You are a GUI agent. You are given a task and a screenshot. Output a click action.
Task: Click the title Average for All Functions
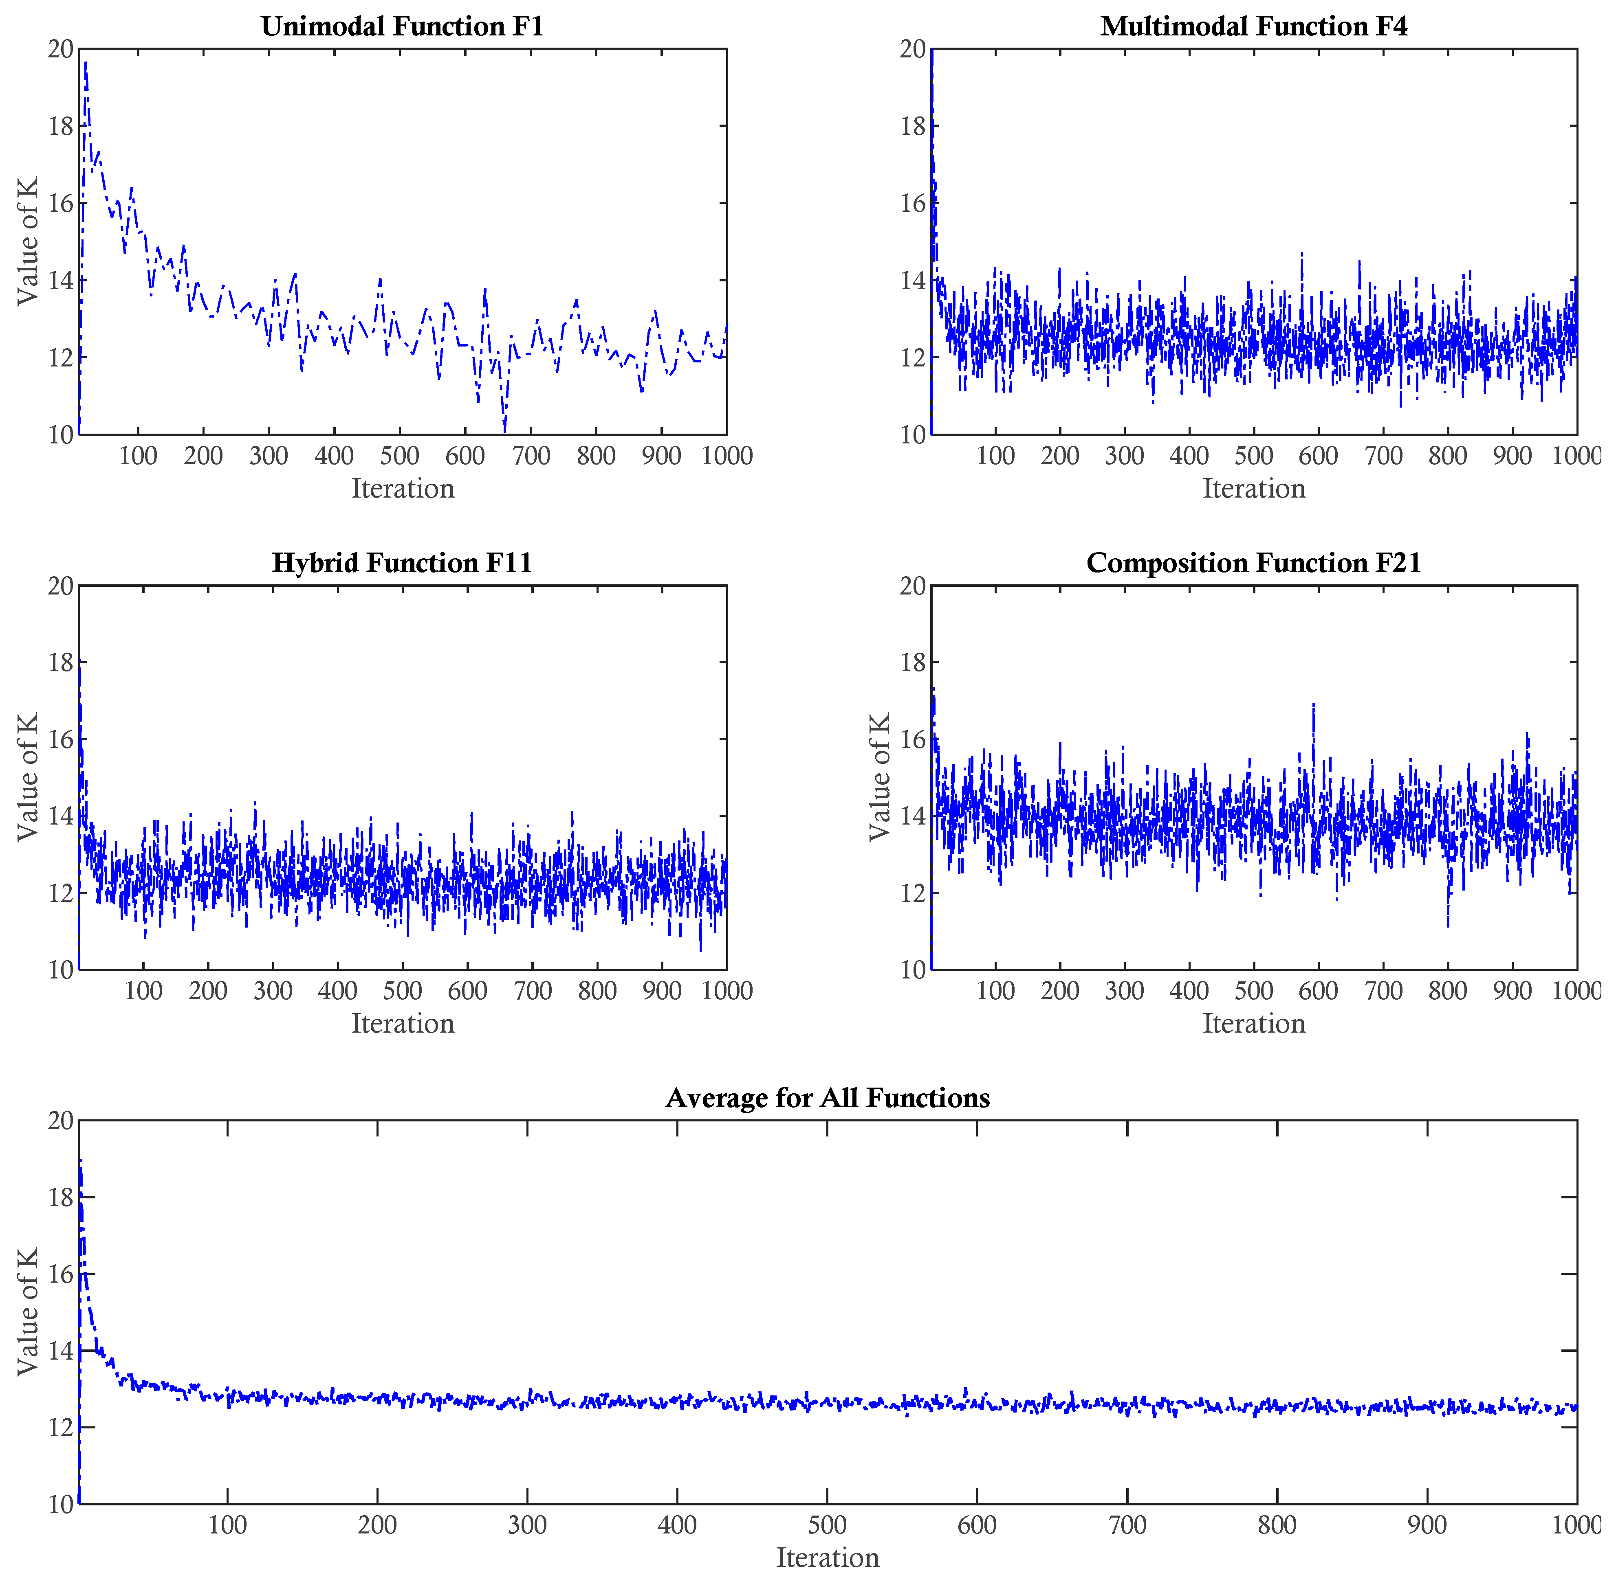[828, 1098]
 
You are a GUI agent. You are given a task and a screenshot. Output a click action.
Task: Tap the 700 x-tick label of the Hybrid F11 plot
[533, 991]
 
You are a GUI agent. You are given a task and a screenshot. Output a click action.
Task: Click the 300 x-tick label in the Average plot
[528, 1525]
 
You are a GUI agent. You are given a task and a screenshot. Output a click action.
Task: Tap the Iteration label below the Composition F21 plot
[1253, 1024]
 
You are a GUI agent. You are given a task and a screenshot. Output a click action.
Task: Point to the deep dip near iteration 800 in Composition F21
[1449, 925]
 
